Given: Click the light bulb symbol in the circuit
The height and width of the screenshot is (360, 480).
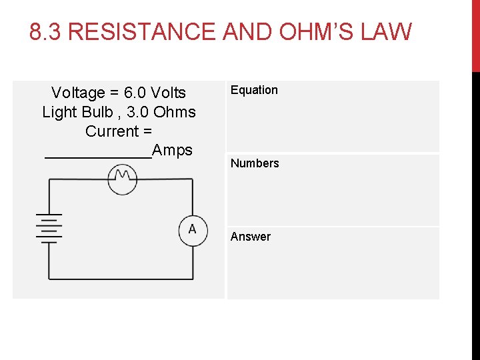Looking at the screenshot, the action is click(123, 179).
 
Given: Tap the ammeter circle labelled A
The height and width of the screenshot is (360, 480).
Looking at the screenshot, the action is click(193, 230).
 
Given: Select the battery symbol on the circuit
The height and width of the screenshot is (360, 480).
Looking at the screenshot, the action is click(48, 229).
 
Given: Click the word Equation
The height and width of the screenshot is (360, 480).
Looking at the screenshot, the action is click(254, 90).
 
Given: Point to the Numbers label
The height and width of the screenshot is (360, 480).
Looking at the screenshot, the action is click(255, 163).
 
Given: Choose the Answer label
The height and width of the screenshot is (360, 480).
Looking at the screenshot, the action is click(251, 237).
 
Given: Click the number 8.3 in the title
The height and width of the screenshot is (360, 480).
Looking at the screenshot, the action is click(46, 32).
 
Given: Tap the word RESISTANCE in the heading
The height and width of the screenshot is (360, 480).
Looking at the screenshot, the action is click(142, 32).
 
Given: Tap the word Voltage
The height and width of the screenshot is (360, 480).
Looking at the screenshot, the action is click(78, 93).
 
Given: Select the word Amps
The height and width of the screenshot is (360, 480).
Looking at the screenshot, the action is click(172, 150).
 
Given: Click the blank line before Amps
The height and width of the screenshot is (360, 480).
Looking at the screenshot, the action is click(98, 156).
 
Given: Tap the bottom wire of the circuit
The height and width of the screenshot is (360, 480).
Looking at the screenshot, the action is click(120, 278).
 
